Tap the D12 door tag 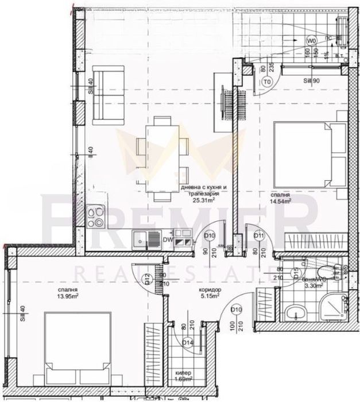[x=148, y=279]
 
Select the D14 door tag [x=187, y=343]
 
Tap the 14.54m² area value [x=281, y=201]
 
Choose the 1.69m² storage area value [x=184, y=395]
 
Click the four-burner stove [x=96, y=219]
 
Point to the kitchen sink [x=140, y=238]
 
